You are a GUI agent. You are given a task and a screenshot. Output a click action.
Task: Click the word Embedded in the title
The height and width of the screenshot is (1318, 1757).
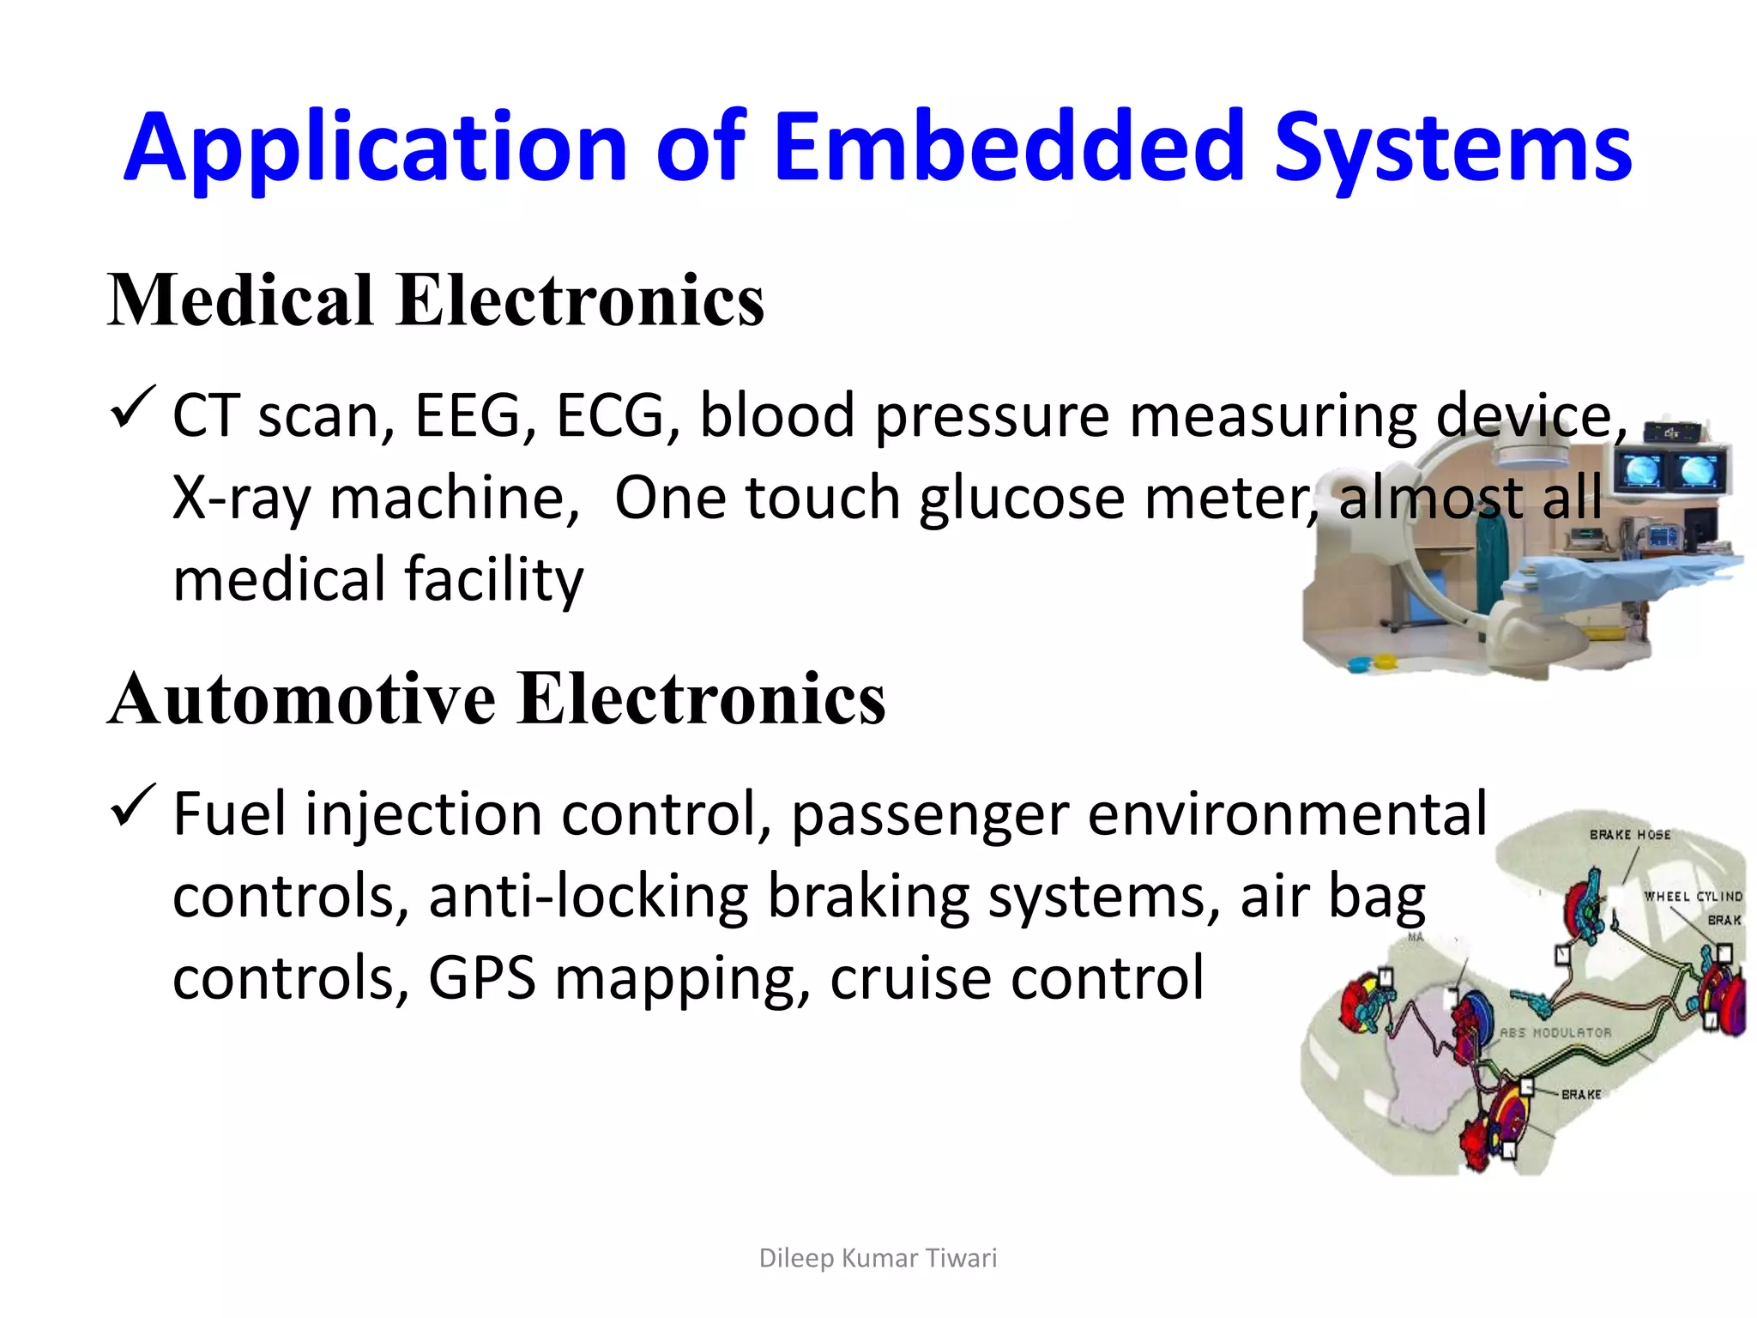point(1009,148)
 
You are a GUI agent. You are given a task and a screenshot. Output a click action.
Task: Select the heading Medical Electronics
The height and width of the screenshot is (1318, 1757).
point(435,300)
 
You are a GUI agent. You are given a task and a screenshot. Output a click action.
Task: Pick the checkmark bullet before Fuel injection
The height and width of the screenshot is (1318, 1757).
point(132,806)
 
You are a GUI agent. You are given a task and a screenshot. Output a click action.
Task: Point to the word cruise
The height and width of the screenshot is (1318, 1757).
point(903,978)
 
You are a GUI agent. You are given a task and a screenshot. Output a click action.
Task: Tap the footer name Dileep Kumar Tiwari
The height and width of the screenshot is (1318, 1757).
point(878,1258)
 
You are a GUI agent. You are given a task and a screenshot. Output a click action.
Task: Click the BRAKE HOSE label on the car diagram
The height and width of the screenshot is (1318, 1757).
point(1629,834)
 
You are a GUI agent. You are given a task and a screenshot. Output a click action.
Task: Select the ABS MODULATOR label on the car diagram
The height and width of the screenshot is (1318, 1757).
point(1555,1033)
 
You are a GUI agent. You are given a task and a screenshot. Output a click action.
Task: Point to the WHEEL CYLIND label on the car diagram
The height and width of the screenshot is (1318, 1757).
point(1692,896)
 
